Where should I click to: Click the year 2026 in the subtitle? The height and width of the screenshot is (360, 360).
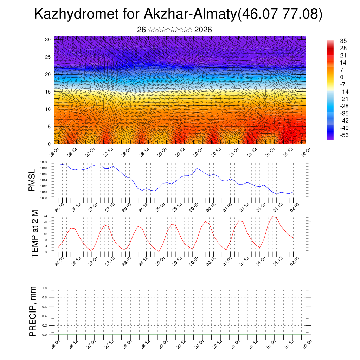tap(203, 30)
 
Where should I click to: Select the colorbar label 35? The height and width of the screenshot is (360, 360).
tap(343, 41)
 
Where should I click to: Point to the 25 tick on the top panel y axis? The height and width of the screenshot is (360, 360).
tap(49, 57)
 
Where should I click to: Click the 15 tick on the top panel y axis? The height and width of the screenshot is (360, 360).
tap(49, 91)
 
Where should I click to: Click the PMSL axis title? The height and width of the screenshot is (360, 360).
tap(32, 180)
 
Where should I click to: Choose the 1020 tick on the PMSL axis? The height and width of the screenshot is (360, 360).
tap(44, 162)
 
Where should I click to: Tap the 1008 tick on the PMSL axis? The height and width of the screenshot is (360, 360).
tap(44, 198)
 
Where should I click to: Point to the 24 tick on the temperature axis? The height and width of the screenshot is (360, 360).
tap(45, 216)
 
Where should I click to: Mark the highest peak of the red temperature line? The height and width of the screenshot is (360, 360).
tap(273, 216)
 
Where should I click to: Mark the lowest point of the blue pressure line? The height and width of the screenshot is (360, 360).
tap(277, 194)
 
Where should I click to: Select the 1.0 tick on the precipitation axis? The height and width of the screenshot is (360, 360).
tap(44, 288)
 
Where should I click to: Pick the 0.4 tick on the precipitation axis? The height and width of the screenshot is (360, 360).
tap(44, 316)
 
